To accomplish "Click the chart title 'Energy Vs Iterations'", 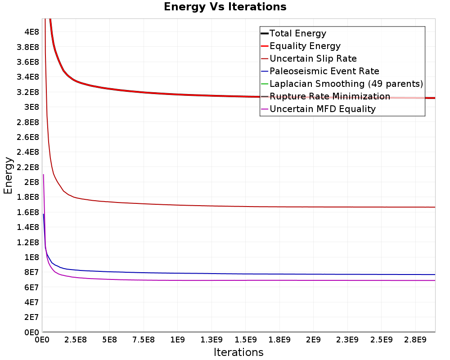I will [225, 7].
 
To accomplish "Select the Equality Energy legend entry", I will [305, 46].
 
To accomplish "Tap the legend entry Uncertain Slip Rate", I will [313, 58].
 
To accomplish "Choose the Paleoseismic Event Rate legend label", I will [324, 71].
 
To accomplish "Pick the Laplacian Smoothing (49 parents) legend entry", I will [346, 84].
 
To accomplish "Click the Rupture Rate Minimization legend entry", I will [329, 96].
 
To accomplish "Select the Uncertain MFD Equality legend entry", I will [322, 109].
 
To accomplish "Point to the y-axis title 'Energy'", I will [8, 175].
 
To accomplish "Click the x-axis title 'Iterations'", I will [238, 352].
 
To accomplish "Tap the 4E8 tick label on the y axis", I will [31, 32].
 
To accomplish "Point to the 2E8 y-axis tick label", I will [31, 182].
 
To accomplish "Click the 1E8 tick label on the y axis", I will [31, 257].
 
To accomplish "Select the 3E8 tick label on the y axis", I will [31, 107].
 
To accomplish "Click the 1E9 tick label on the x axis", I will [177, 339].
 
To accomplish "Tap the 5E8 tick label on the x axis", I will [109, 339].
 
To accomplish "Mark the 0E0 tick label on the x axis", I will [42, 339].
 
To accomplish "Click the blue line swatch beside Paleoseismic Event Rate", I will [265, 71].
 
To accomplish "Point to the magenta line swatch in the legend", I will [265, 109].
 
